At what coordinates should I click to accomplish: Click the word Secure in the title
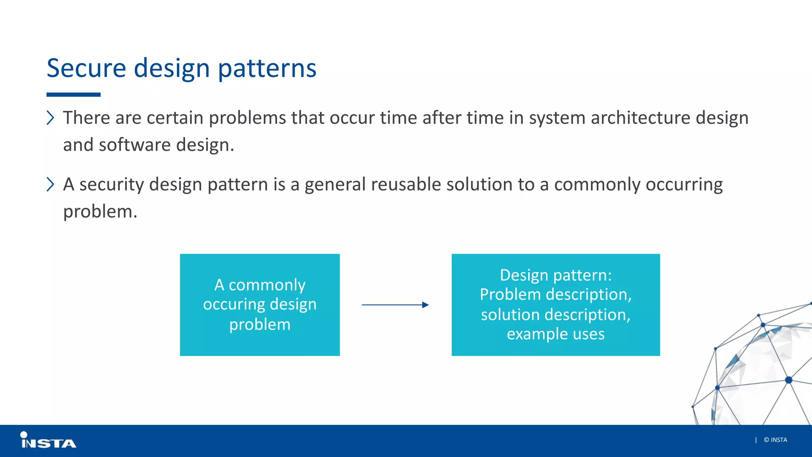(x=86, y=68)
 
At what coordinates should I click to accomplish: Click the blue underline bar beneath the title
(x=73, y=95)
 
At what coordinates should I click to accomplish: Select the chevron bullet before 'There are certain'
(x=50, y=118)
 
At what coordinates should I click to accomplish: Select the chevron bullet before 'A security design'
(x=50, y=184)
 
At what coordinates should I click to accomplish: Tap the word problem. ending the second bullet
(x=100, y=211)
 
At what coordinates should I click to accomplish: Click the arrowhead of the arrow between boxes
(x=425, y=305)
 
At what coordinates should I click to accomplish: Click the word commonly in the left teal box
(x=267, y=285)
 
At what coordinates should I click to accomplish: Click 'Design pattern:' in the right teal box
(x=555, y=275)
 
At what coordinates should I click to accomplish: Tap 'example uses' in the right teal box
(x=555, y=334)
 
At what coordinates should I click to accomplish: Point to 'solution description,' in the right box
(x=555, y=314)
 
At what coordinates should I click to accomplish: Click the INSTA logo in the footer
(x=48, y=441)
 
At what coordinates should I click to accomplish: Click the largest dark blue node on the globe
(x=789, y=380)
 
